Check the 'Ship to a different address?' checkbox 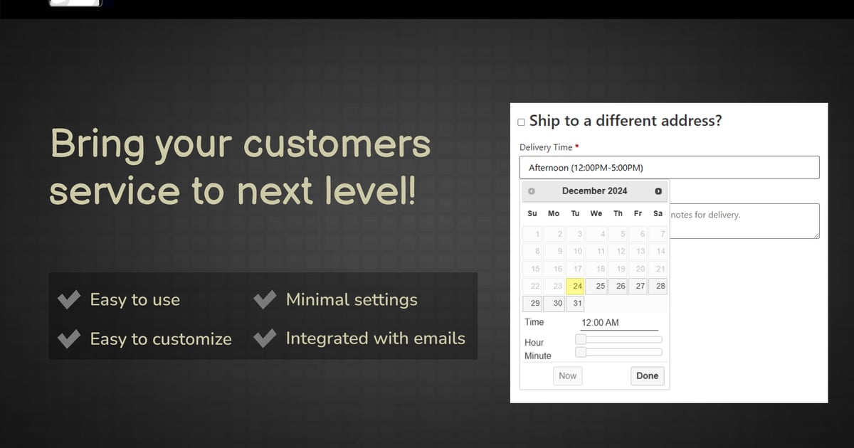tap(521, 122)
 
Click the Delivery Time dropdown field tap(669, 167)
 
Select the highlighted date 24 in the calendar tap(575, 286)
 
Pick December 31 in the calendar tap(575, 304)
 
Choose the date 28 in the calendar tap(658, 286)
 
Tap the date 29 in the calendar tap(532, 304)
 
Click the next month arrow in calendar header tap(658, 191)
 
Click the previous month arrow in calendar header tap(532, 191)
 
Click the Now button tap(568, 376)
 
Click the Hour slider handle tap(581, 339)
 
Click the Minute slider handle tap(581, 352)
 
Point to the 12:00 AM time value tap(600, 323)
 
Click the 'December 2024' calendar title tap(594, 191)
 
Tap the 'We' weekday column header tap(596, 213)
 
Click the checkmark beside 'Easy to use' tap(69, 299)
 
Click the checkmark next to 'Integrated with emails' tap(265, 338)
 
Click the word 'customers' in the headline tap(337, 144)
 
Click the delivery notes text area tap(744, 221)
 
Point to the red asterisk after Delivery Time tap(577, 146)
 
